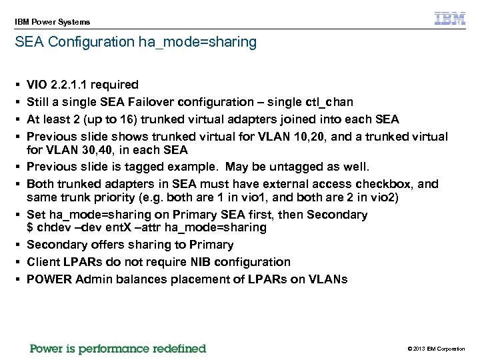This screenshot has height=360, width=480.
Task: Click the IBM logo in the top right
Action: click(x=450, y=19)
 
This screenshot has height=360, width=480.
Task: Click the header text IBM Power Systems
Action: click(x=52, y=22)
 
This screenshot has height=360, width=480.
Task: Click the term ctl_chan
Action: click(x=329, y=102)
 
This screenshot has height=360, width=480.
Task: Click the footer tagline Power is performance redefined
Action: click(x=118, y=349)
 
